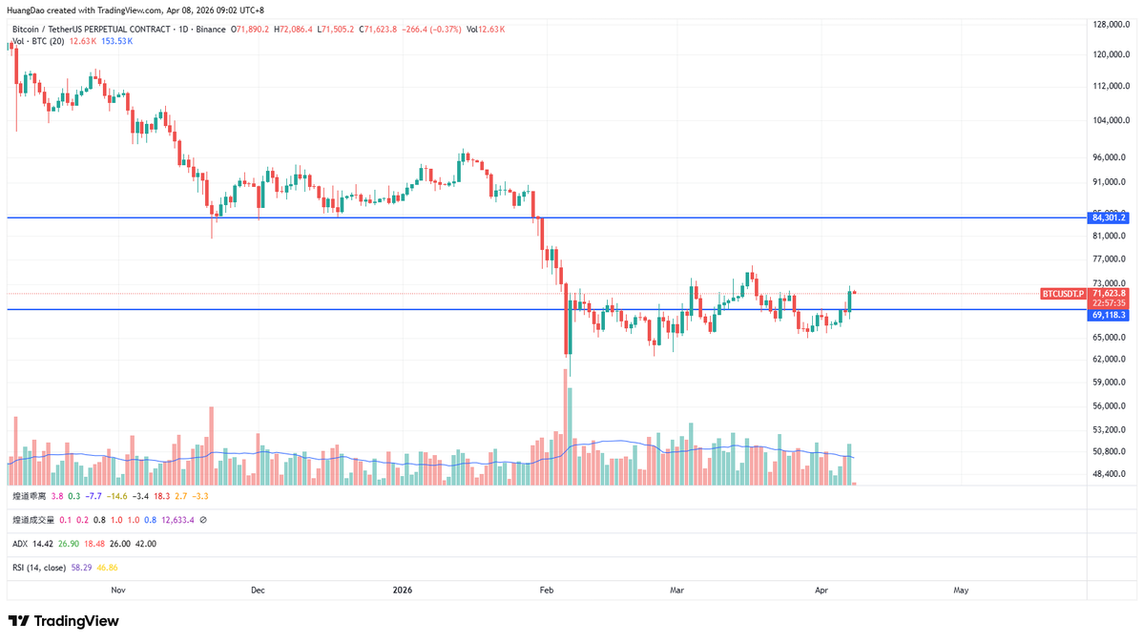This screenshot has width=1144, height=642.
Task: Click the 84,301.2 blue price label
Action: click(x=1110, y=217)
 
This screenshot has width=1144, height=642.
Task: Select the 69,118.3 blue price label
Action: click(x=1110, y=315)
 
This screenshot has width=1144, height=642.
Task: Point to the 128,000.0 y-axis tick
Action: click(x=1112, y=25)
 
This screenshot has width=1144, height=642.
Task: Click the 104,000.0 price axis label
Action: click(x=1112, y=120)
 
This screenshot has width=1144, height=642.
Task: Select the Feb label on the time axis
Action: click(x=547, y=590)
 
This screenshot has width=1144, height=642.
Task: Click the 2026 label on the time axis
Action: click(x=403, y=590)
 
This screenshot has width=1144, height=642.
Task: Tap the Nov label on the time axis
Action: click(x=118, y=590)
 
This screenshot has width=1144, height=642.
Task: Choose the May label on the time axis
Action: click(x=961, y=590)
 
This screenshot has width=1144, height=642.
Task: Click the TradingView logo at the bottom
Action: click(x=64, y=621)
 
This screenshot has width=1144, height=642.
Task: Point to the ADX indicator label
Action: click(x=20, y=544)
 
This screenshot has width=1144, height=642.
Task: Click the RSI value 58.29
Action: click(x=82, y=568)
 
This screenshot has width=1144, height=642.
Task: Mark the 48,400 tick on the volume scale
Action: click(x=1109, y=473)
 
